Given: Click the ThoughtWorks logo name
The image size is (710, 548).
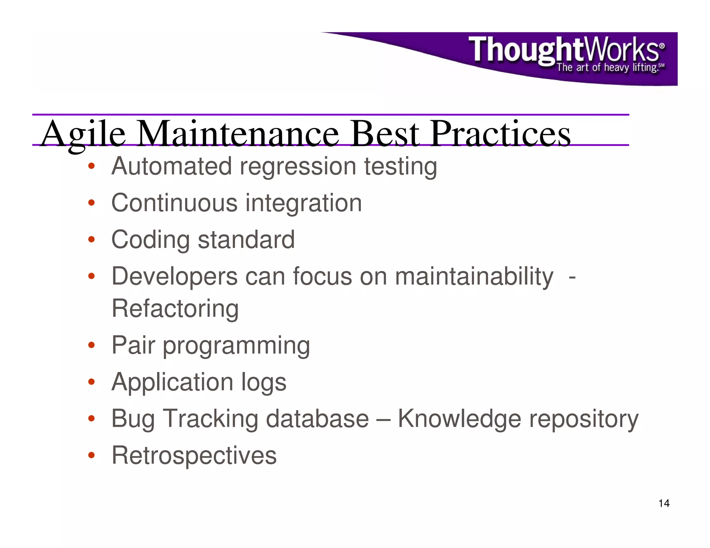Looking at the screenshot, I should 565,50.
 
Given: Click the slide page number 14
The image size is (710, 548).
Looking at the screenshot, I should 664,503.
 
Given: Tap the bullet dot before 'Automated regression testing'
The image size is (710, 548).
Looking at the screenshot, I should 91,166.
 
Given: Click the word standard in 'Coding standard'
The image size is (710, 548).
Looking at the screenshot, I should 246,240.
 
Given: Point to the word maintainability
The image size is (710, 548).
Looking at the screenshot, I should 474,277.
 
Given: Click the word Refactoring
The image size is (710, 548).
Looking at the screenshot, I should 175,309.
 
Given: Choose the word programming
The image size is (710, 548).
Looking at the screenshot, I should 236,346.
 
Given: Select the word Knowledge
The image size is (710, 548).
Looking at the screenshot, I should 459,419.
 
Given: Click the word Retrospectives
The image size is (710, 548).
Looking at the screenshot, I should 194,456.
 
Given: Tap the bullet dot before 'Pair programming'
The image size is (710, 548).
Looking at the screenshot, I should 91,345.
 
